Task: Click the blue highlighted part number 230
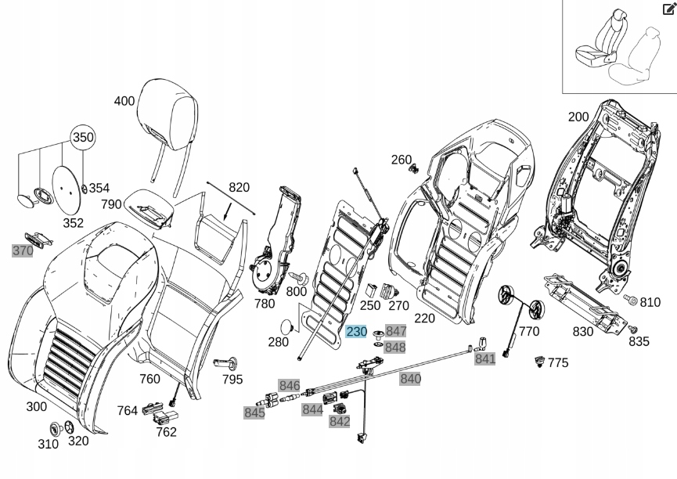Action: (x=356, y=332)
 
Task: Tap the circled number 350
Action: (x=83, y=137)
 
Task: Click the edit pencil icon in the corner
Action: (x=668, y=9)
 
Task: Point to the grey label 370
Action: (x=23, y=251)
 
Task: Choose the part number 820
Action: (x=239, y=187)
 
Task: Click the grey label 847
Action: (x=396, y=332)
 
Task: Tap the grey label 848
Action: (x=395, y=348)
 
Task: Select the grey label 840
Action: (x=410, y=379)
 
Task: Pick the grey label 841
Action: (x=485, y=358)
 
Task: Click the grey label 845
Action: (x=254, y=413)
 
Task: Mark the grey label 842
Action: (x=340, y=422)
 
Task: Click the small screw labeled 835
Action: (x=634, y=329)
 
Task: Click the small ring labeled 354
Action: (x=85, y=187)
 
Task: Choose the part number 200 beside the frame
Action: (x=578, y=117)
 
